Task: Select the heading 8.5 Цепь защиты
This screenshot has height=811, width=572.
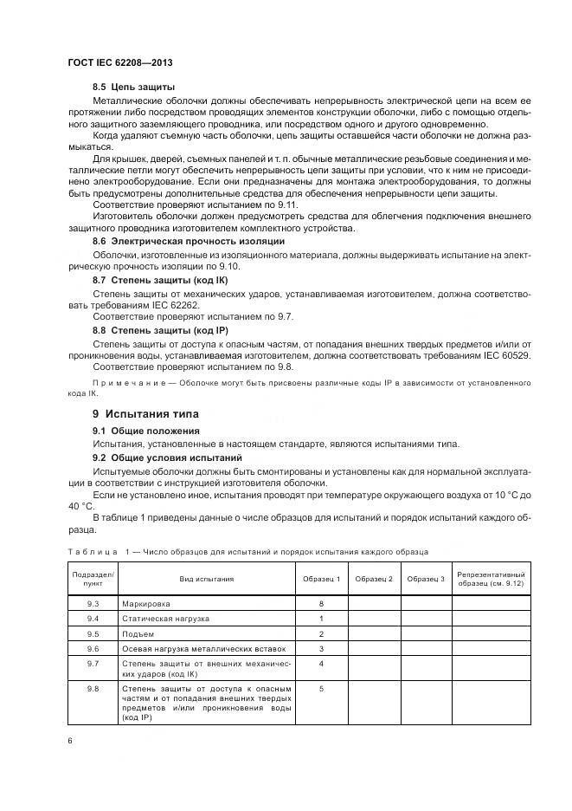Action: (134, 88)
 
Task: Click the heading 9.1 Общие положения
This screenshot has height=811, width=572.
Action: (146, 431)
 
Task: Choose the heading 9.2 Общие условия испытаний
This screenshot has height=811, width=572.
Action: (167, 457)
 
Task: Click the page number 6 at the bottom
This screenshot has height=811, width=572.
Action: (70, 739)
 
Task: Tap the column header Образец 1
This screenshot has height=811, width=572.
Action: (321, 579)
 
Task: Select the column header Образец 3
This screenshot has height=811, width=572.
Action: (426, 579)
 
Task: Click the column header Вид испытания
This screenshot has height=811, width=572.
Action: (207, 579)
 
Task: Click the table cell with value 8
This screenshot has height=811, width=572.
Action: (321, 603)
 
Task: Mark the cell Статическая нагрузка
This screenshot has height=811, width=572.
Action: (166, 619)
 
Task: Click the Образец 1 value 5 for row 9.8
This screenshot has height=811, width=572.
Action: (321, 689)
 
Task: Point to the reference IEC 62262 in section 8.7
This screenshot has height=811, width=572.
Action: (163, 306)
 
